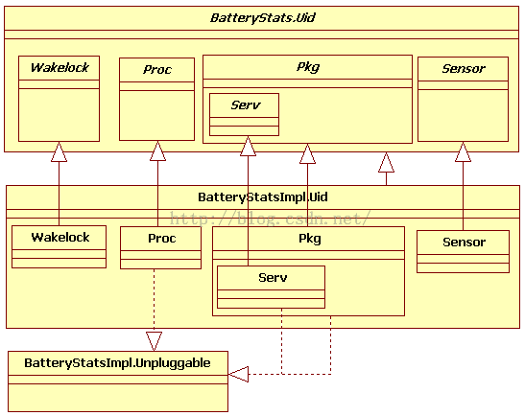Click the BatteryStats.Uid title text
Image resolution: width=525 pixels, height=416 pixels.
point(263,17)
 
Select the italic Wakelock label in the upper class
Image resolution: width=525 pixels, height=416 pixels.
point(60,67)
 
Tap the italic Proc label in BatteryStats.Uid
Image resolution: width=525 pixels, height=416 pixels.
point(157,70)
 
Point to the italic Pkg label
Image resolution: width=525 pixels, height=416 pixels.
point(308,67)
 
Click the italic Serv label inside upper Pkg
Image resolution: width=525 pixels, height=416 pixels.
point(246,105)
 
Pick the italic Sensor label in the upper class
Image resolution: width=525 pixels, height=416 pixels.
point(464,69)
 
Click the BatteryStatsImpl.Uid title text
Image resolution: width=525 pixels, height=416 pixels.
point(263,196)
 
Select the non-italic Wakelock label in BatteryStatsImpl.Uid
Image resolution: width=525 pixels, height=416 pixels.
point(60,237)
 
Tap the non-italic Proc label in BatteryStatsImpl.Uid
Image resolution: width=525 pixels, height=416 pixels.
point(161,239)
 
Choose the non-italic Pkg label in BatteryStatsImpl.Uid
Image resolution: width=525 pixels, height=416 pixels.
point(310,239)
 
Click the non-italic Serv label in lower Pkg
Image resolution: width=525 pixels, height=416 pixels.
point(273,278)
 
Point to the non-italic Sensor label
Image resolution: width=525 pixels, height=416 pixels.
point(465,243)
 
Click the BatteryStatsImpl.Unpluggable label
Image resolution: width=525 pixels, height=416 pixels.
point(117,363)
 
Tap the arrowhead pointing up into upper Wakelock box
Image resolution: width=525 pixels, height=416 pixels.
point(59,151)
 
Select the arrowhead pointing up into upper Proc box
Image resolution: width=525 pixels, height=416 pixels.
point(157,150)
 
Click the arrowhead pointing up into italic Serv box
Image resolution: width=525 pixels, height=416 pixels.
point(248,146)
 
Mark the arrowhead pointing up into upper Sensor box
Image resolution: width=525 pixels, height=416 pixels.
point(463,151)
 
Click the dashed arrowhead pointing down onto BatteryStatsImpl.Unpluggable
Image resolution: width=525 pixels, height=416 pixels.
point(154,341)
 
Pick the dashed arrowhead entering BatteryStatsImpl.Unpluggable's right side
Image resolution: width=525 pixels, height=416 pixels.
point(238,374)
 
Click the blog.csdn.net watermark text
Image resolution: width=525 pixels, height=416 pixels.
point(271,219)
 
